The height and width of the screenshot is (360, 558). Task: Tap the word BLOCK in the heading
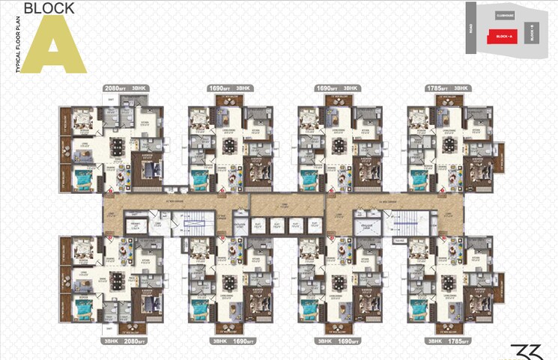coord(49,9)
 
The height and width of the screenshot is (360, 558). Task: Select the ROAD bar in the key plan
coord(470,28)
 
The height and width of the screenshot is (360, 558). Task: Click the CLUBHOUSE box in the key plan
coord(506,16)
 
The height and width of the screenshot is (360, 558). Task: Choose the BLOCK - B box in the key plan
coord(533,33)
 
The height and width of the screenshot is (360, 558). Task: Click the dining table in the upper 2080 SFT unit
coord(117,146)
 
